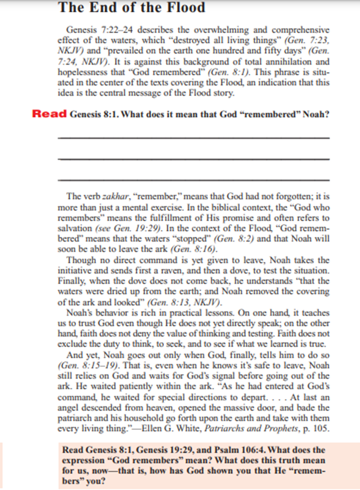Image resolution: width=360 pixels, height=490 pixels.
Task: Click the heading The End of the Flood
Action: pos(131,8)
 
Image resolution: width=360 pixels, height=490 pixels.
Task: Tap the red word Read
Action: pos(50,115)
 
